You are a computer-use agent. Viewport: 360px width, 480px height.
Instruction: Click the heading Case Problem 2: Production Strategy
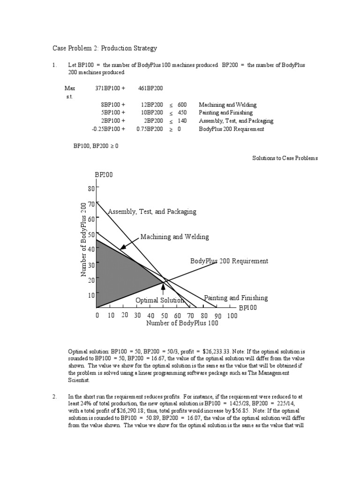click(104, 48)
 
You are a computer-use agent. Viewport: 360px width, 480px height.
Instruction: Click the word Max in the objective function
click(70, 88)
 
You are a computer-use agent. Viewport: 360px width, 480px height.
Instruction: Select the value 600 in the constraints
click(182, 105)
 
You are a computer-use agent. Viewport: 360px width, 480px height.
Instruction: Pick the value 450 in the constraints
click(182, 113)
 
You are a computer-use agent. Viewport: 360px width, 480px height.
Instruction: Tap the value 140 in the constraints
click(182, 121)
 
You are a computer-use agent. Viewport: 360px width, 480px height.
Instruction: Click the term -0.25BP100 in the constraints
click(108, 129)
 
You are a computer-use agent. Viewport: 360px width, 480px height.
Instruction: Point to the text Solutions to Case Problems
click(285, 158)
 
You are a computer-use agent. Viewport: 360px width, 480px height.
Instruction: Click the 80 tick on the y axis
click(91, 188)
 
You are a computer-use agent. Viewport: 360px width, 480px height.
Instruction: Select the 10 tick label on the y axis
click(91, 295)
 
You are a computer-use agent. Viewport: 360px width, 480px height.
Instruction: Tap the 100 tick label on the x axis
click(232, 316)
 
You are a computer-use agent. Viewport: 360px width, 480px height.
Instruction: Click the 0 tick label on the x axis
click(97, 316)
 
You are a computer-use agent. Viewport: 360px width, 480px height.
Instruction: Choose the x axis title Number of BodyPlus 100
click(182, 323)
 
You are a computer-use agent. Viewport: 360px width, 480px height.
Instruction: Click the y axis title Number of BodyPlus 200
click(84, 239)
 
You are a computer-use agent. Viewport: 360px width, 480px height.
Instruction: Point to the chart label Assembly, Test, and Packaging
click(152, 212)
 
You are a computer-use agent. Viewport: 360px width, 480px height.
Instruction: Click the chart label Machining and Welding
click(174, 237)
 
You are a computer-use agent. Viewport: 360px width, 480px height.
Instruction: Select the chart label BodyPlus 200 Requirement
click(229, 261)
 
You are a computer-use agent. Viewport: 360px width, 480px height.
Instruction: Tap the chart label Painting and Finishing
click(236, 298)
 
